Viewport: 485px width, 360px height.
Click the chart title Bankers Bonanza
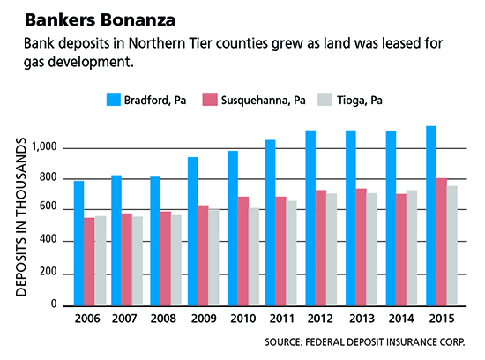[101, 20]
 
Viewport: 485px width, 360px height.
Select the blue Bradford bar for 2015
[431, 216]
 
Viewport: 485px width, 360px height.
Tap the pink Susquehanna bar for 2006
[89, 261]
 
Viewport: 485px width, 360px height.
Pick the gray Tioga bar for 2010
[254, 257]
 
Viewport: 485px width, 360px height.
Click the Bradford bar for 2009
[193, 231]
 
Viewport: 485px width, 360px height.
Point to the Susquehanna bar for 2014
[401, 250]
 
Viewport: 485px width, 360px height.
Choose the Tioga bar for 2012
[332, 250]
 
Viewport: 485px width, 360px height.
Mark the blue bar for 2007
[116, 241]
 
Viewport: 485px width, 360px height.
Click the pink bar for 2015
[442, 242]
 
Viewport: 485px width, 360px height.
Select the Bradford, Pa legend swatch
[114, 100]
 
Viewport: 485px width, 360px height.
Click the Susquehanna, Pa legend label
[264, 101]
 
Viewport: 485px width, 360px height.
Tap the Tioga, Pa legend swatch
[325, 100]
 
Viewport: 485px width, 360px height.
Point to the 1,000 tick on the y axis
[45, 146]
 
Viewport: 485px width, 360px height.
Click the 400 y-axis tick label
[48, 239]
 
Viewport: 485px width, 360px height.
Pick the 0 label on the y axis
[54, 304]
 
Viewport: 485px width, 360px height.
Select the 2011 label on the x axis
[281, 319]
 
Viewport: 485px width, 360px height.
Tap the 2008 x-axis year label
[163, 319]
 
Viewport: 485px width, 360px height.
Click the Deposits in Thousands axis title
[21, 217]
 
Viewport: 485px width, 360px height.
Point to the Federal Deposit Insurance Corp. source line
[365, 342]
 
